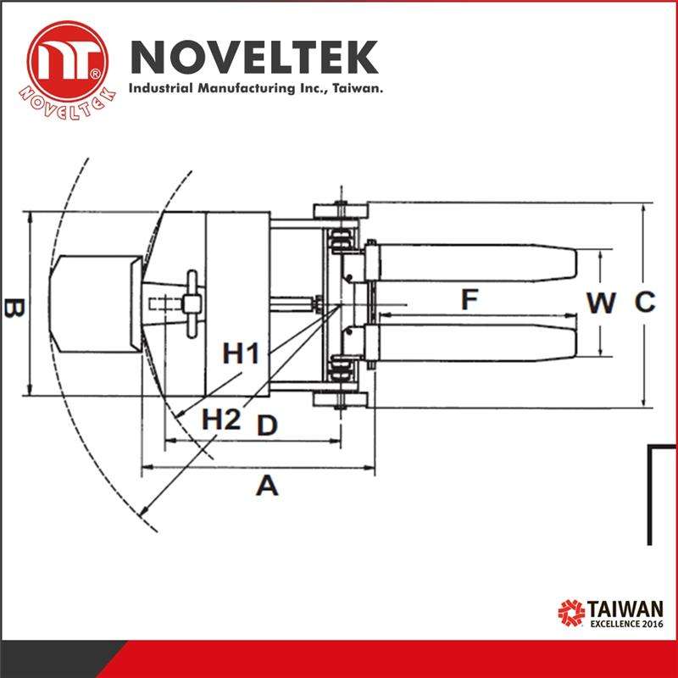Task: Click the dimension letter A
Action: click(268, 486)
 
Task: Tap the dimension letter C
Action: click(645, 302)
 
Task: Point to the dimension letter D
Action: click(267, 425)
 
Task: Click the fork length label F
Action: click(470, 299)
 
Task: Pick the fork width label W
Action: click(602, 303)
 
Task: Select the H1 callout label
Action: click(242, 353)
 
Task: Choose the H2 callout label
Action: click(220, 418)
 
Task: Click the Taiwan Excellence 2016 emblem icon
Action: click(570, 612)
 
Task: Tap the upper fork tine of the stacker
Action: click(479, 263)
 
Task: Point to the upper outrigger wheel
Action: click(338, 210)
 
